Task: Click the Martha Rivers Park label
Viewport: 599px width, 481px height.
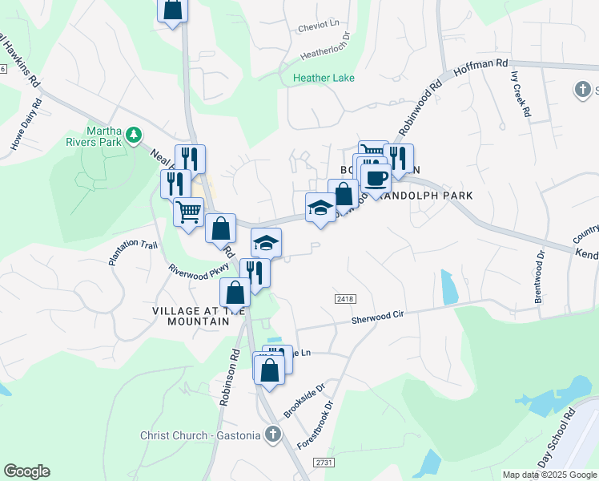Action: coord(105,136)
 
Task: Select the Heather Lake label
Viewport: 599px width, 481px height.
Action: coord(324,78)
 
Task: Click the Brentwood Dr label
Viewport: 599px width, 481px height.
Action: coord(541,277)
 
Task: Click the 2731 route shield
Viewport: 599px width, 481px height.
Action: coord(324,463)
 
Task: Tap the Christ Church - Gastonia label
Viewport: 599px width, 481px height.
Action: coord(200,435)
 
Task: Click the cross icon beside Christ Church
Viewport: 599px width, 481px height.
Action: coord(272,435)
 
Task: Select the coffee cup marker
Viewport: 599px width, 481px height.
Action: coord(376,177)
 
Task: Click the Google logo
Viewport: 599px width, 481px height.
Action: coord(26,471)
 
